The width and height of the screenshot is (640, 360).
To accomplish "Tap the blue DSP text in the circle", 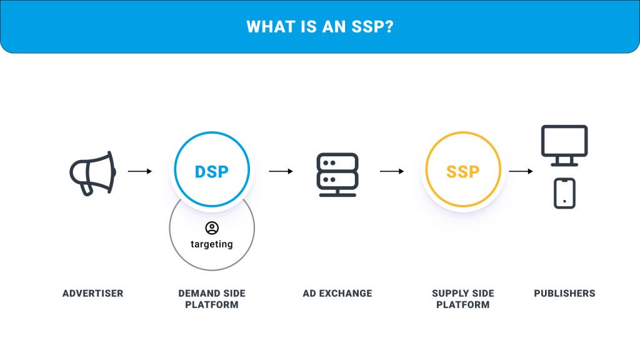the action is tap(211, 172).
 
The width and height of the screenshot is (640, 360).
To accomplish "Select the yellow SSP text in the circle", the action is tap(463, 172).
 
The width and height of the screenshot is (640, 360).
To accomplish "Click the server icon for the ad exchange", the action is tap(337, 175).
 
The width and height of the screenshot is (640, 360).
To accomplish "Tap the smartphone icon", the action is tap(564, 194).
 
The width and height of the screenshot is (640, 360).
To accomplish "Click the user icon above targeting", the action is tap(212, 227).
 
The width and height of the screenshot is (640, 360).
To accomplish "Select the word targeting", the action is tap(212, 244).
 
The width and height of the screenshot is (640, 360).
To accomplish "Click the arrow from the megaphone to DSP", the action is tap(140, 171).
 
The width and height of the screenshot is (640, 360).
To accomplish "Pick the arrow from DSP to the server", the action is tap(281, 171).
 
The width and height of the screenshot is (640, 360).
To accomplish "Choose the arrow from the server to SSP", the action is tap(392, 171).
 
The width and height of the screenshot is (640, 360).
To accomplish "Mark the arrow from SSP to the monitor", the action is tap(521, 171).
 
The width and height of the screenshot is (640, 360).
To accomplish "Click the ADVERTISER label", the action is tap(92, 294).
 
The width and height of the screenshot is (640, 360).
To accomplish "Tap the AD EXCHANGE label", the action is tap(337, 294).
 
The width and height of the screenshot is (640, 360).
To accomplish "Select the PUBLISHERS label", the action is tap(564, 294).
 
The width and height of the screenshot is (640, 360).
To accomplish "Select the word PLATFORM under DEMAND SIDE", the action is tap(212, 305).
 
